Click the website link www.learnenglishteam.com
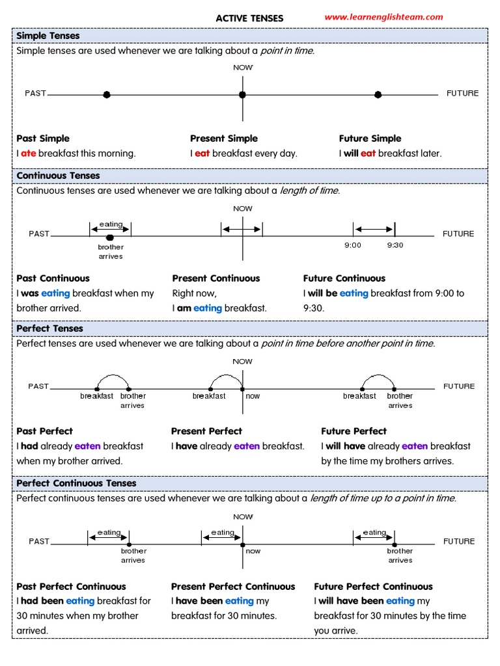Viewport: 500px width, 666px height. (x=383, y=17)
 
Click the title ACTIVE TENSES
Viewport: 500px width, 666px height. (x=249, y=18)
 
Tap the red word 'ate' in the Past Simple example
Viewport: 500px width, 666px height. (x=29, y=153)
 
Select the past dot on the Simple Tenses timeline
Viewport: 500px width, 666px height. (x=107, y=94)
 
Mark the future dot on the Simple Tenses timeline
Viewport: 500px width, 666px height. (x=378, y=95)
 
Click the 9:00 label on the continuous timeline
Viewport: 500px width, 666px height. (x=353, y=245)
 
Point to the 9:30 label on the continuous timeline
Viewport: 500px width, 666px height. (x=395, y=245)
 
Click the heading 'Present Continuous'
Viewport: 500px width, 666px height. (x=216, y=278)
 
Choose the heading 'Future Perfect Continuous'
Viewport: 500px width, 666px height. (x=373, y=587)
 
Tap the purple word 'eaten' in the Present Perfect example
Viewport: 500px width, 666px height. (x=247, y=446)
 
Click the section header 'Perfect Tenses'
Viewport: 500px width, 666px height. (x=49, y=328)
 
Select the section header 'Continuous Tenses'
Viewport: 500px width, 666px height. (x=58, y=176)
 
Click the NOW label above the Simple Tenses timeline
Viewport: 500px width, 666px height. (x=243, y=68)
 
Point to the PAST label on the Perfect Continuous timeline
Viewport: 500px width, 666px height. (x=39, y=541)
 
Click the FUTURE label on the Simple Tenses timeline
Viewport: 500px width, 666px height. (x=463, y=93)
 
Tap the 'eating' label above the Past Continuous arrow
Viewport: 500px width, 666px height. (x=111, y=224)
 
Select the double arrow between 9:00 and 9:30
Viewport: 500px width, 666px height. (x=374, y=230)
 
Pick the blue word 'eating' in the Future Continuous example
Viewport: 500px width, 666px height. (x=354, y=293)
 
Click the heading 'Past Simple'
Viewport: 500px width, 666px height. (x=43, y=139)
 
